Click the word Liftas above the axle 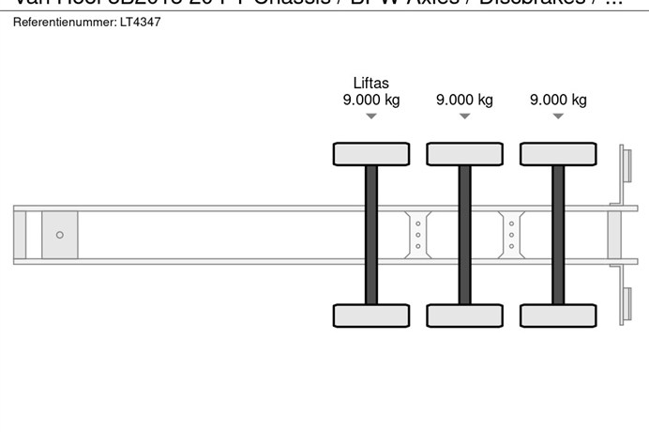coord(370,83)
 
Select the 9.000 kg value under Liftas coord(370,100)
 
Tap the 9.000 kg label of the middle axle coord(464,100)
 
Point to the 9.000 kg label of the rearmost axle coord(558,100)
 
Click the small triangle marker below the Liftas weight coord(370,116)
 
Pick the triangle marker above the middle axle coord(464,116)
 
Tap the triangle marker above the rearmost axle coord(558,116)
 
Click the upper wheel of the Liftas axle coord(371,154)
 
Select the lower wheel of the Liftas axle coord(371,316)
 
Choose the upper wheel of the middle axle coord(464,154)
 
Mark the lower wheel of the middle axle coord(464,316)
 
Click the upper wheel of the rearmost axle coord(558,154)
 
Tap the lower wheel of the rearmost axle coord(558,316)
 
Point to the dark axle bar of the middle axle coord(464,235)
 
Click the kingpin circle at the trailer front coord(60,235)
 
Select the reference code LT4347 coord(140,22)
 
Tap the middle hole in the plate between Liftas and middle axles coord(417,235)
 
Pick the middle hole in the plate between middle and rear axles coord(511,235)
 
